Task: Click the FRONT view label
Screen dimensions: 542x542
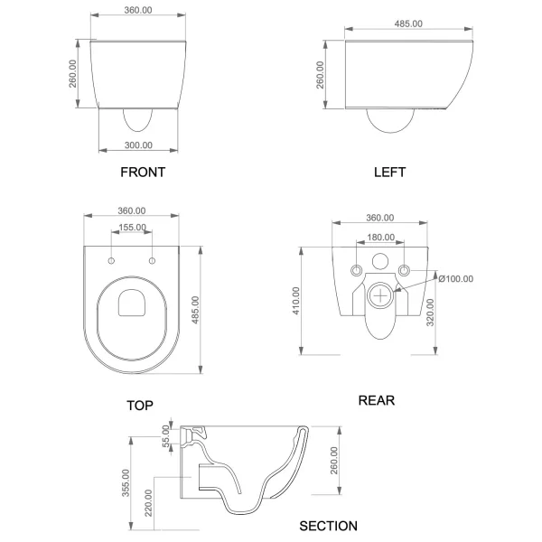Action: (143, 173)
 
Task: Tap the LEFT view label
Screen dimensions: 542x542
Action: (389, 173)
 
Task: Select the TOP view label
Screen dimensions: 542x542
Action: (140, 405)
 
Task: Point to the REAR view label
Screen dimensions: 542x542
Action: (377, 400)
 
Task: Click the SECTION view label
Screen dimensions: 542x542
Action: (329, 526)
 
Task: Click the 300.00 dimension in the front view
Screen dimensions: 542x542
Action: (138, 145)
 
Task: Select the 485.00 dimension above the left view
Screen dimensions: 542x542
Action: (408, 23)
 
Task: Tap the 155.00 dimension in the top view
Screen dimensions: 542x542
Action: (132, 228)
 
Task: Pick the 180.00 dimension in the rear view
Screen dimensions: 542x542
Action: (380, 237)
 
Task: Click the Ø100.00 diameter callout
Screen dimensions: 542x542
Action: (456, 278)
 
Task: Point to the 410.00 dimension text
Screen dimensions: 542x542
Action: (296, 301)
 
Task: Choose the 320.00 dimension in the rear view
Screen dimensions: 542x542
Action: (430, 313)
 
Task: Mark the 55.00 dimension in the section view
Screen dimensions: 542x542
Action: (166, 436)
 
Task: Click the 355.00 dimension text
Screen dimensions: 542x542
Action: (126, 483)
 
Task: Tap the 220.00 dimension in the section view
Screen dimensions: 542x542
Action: (148, 503)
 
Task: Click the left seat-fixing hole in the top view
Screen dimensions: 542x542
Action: (111, 261)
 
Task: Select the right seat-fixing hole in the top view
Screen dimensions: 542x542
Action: (152, 261)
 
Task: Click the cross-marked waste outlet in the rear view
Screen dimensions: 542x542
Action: (380, 296)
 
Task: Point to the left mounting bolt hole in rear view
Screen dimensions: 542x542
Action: (357, 270)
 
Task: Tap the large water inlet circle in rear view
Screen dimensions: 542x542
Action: (380, 261)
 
